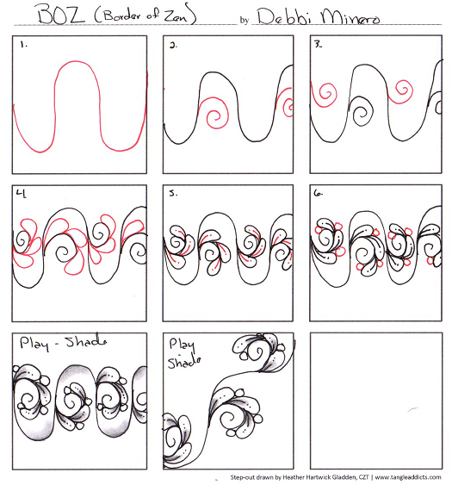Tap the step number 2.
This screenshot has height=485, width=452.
pyautogui.click(x=174, y=48)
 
